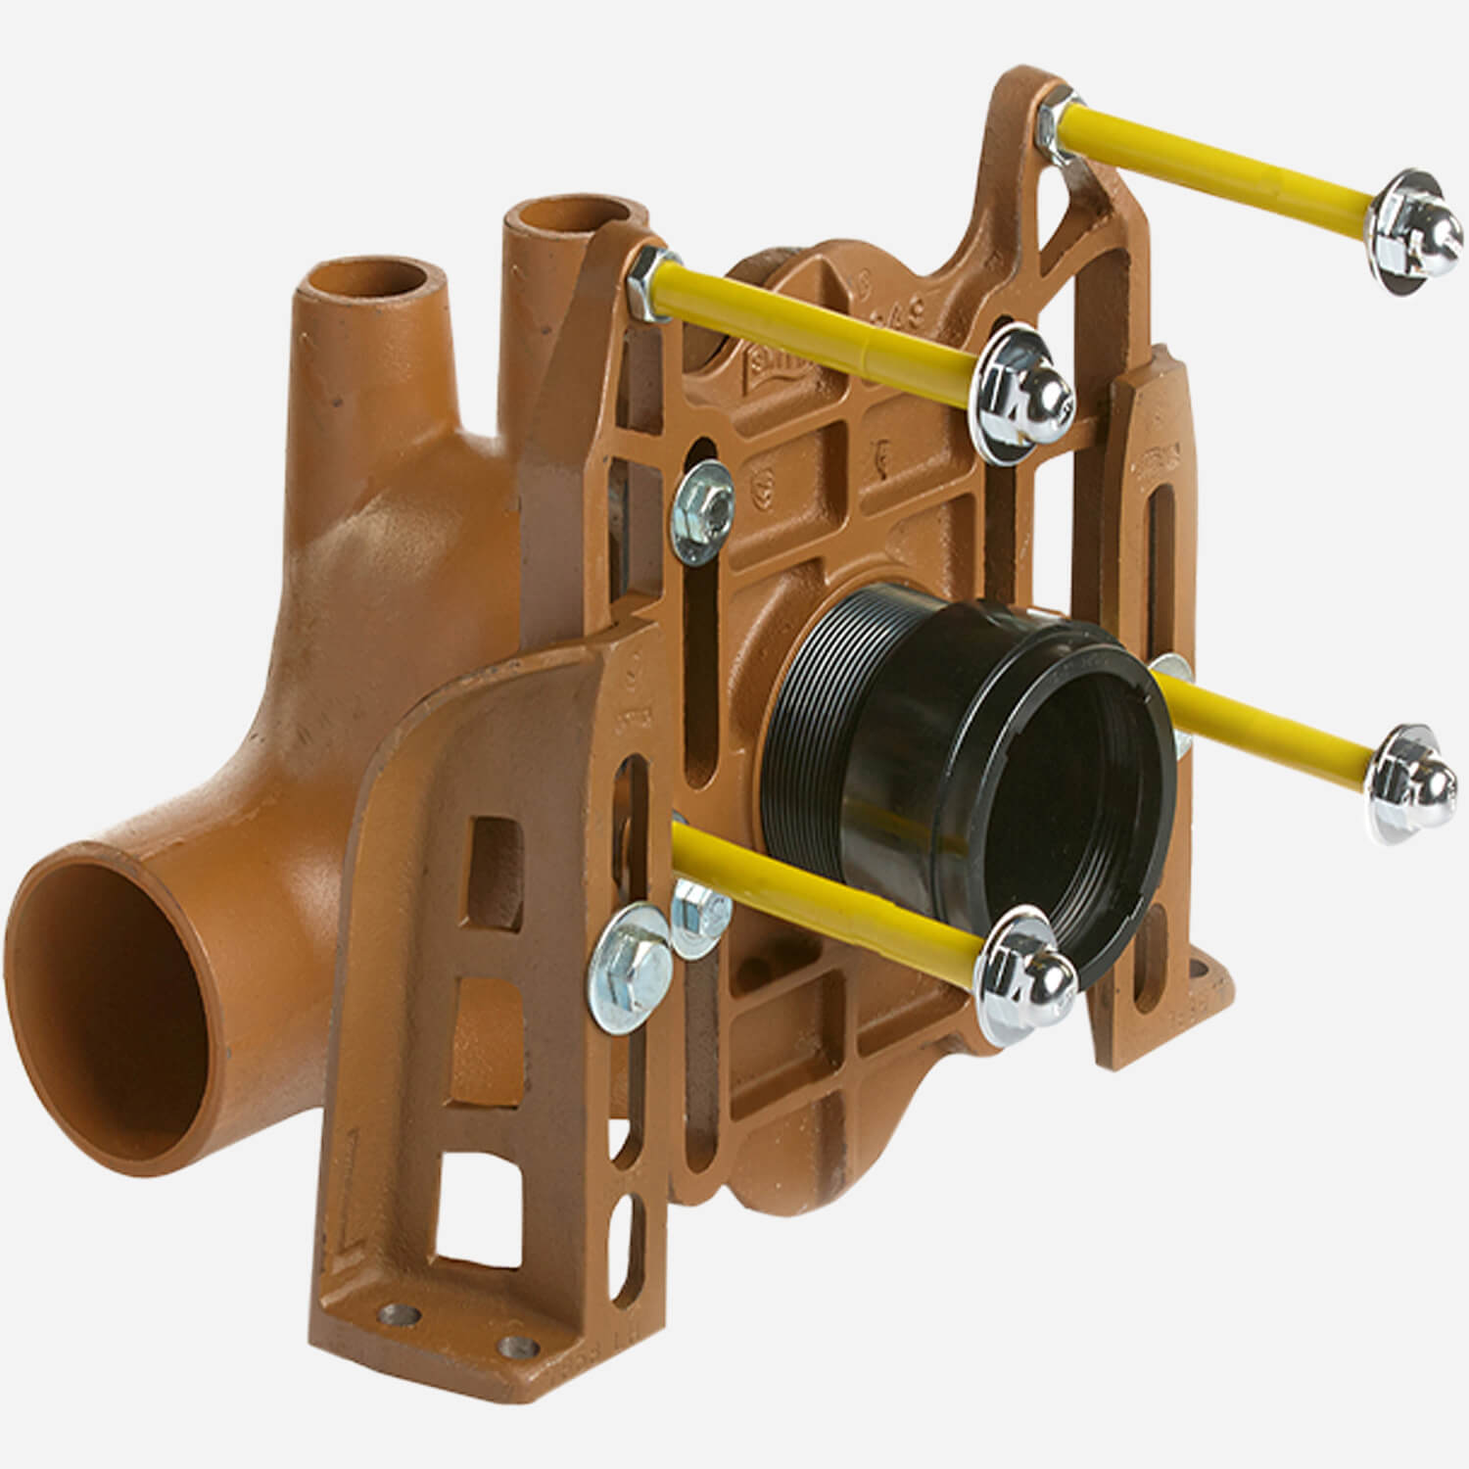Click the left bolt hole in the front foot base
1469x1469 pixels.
tap(401, 1312)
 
